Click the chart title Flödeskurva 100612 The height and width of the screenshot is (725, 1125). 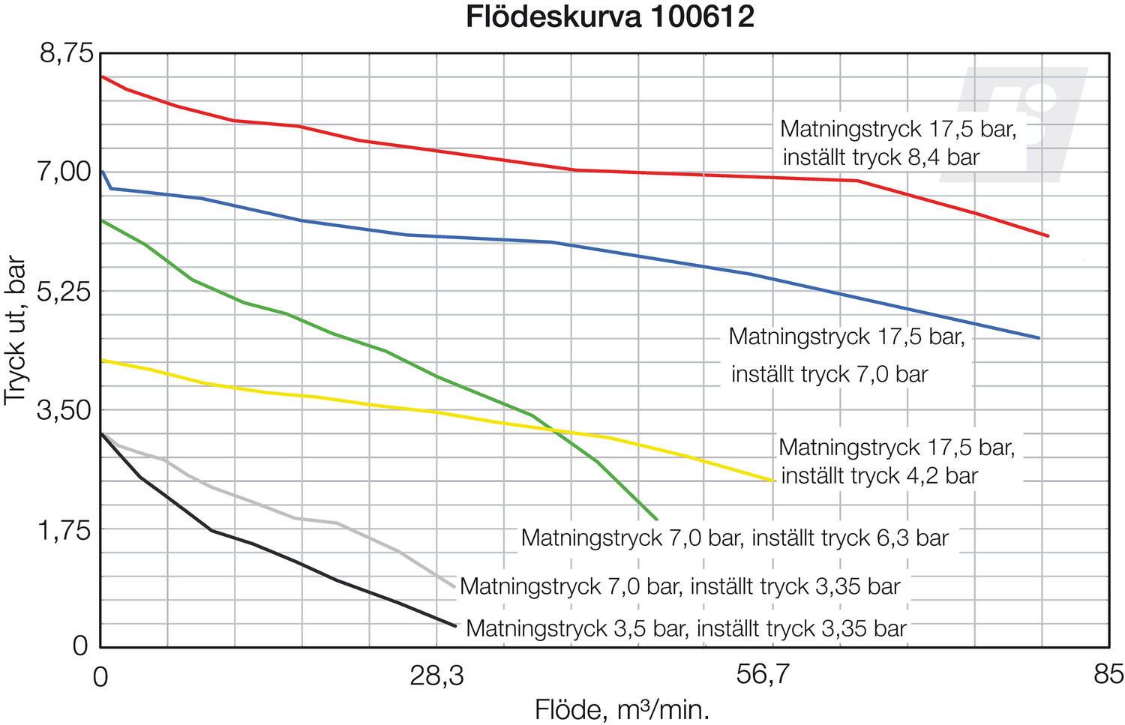coord(610,16)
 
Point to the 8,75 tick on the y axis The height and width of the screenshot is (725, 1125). coord(67,53)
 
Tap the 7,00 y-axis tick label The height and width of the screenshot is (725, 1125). coord(67,172)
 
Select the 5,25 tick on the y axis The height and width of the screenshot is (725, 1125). coord(67,291)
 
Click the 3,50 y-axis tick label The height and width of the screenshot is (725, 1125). coord(67,410)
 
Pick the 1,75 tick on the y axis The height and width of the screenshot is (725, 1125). coord(67,529)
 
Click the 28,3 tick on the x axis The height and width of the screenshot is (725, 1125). coord(436,676)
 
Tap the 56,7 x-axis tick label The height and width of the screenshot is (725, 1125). coord(763,676)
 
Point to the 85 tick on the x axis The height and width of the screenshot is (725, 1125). coord(1108,676)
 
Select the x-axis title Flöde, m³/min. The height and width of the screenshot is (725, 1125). coord(622,709)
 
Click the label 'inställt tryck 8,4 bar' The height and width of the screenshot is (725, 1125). coord(881,157)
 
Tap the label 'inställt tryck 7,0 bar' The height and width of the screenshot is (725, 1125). coord(829,373)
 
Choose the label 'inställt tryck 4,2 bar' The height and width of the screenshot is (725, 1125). coord(880,475)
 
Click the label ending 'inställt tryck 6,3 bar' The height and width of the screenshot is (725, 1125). coord(735,538)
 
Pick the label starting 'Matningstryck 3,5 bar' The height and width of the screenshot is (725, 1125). coord(686,628)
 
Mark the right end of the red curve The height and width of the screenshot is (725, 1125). coord(1048,236)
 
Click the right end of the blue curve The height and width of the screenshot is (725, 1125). coord(1039,338)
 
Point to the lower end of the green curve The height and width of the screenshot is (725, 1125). coord(656,519)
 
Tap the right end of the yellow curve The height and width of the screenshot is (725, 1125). coord(772,481)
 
